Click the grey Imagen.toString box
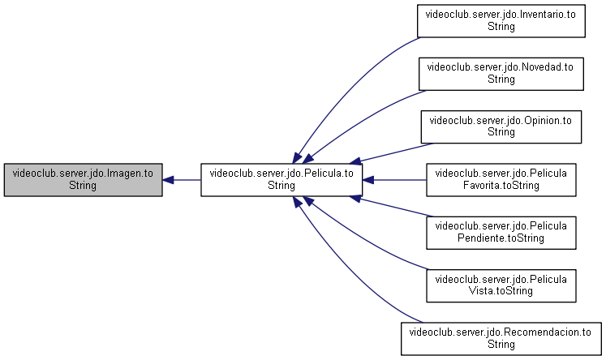click(83, 180)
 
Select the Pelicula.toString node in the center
click(282, 180)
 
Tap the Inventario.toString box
click(501, 21)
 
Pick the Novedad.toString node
click(501, 74)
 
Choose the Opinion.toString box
click(501, 126)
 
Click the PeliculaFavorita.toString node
click(501, 180)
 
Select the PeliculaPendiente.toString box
click(501, 233)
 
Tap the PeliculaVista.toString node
click(501, 285)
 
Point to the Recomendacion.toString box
click(501, 339)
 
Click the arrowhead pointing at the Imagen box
click(168, 180)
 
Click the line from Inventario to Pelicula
click(347, 88)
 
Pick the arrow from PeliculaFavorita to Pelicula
click(394, 180)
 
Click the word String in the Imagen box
click(83, 186)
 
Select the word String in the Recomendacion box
click(501, 344)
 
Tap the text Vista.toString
click(501, 291)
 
